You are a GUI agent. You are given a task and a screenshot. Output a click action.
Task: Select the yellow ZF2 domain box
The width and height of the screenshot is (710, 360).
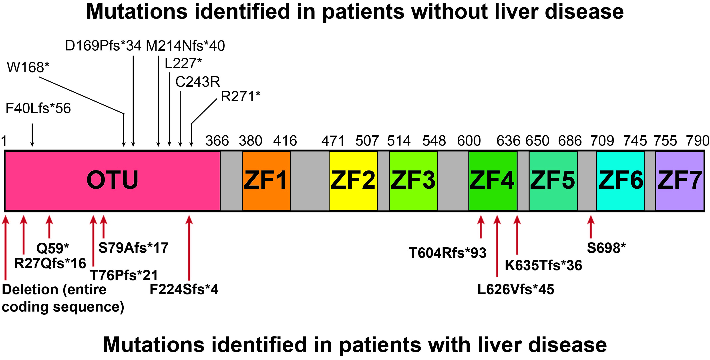click(353, 181)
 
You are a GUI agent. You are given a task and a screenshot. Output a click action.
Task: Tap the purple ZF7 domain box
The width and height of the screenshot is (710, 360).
click(680, 181)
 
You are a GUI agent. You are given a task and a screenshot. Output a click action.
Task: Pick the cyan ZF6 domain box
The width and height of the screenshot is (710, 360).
click(620, 181)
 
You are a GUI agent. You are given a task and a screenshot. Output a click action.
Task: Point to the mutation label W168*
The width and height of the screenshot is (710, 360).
click(28, 67)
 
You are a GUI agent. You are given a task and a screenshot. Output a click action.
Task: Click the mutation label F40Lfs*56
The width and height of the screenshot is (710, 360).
click(38, 108)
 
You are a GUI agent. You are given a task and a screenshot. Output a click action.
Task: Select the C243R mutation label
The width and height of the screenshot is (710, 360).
click(198, 82)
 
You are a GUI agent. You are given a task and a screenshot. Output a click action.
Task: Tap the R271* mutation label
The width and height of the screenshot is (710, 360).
click(241, 96)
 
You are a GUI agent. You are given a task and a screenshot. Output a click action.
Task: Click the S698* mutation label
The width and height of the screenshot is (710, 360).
click(606, 248)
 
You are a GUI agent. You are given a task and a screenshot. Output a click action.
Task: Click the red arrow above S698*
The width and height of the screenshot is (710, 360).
click(590, 227)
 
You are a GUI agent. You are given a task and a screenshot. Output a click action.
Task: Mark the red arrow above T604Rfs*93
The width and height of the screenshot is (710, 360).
click(481, 227)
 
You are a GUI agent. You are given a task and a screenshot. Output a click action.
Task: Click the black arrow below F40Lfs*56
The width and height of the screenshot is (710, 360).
click(32, 135)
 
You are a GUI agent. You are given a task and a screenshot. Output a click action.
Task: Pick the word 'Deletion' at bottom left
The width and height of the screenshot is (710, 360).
click(30, 290)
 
